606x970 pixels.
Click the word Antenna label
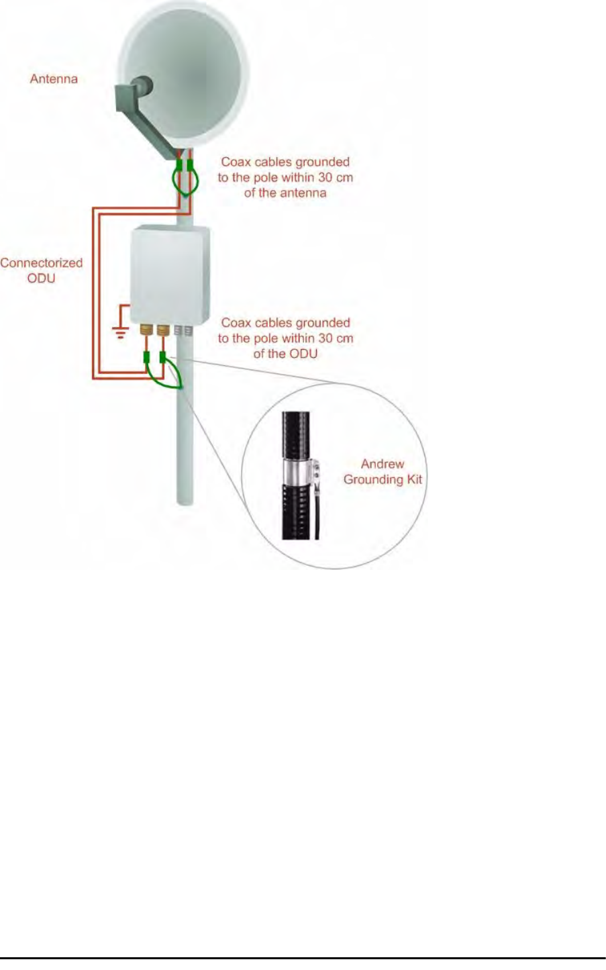[x=54, y=79]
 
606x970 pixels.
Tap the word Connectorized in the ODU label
[x=42, y=262]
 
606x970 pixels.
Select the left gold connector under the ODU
[x=146, y=330]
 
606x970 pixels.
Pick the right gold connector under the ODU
[x=162, y=330]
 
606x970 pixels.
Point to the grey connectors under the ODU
[x=183, y=330]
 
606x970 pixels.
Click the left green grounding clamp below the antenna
[x=179, y=165]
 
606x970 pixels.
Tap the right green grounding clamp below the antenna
[x=191, y=165]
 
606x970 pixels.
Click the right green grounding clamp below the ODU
[x=162, y=358]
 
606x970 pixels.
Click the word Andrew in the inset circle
[x=383, y=464]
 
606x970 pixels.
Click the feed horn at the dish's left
[x=142, y=88]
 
